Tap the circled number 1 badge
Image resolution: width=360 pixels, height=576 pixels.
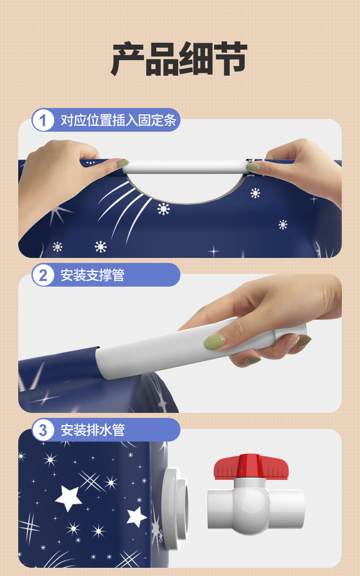[43, 121]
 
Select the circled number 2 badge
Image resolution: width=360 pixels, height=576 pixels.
[43, 275]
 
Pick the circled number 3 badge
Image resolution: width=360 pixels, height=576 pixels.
[43, 430]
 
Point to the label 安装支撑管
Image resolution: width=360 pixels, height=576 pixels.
[93, 275]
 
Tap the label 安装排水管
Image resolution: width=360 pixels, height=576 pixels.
[93, 430]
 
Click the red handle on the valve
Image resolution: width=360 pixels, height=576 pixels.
[251, 466]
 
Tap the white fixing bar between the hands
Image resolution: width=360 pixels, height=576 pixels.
[185, 167]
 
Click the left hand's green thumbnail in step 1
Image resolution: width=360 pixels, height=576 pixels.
[123, 163]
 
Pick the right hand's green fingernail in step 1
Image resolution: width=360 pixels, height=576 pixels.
[253, 167]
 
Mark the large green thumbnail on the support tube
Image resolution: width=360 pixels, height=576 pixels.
[213, 341]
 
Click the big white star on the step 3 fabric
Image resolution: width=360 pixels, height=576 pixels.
[69, 498]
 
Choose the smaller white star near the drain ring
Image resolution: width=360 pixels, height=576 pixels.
[136, 517]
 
